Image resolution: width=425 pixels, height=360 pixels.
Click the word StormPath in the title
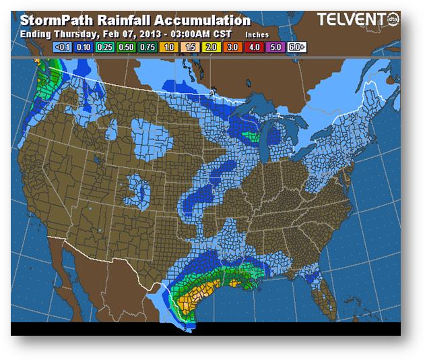(x=55, y=20)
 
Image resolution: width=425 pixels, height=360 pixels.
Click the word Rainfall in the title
(x=125, y=20)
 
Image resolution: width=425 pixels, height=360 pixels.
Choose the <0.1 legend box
(x=62, y=47)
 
